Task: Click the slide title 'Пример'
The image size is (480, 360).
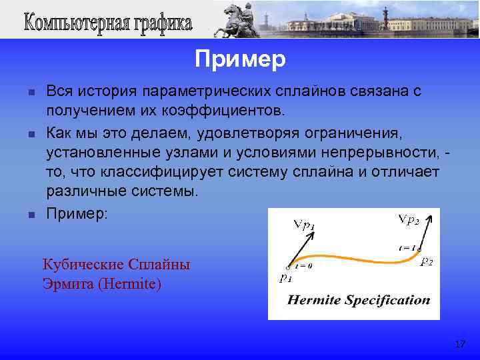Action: (x=240, y=60)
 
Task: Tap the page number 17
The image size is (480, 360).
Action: (x=459, y=344)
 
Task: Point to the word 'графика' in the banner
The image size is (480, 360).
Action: (x=159, y=24)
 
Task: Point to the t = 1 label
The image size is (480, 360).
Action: (x=407, y=247)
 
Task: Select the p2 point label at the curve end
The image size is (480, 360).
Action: (x=427, y=263)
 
